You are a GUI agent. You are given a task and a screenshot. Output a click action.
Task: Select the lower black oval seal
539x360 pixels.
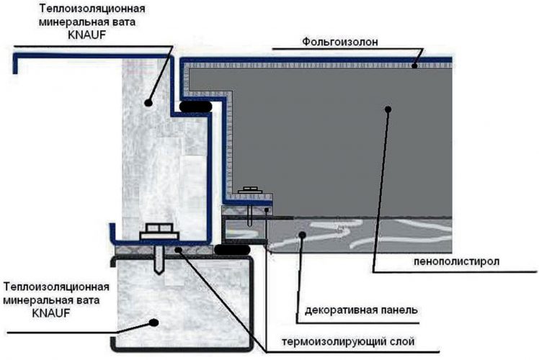click(232, 250)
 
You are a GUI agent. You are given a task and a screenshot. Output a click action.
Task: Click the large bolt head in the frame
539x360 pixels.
click(161, 232)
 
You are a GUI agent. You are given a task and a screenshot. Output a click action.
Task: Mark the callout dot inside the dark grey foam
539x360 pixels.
click(388, 109)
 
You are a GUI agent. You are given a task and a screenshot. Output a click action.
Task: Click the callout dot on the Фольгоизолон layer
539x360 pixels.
click(414, 66)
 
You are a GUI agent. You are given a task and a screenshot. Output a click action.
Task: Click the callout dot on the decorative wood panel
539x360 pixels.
click(305, 242)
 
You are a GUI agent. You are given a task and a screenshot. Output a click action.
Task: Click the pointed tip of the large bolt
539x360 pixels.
click(160, 271)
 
